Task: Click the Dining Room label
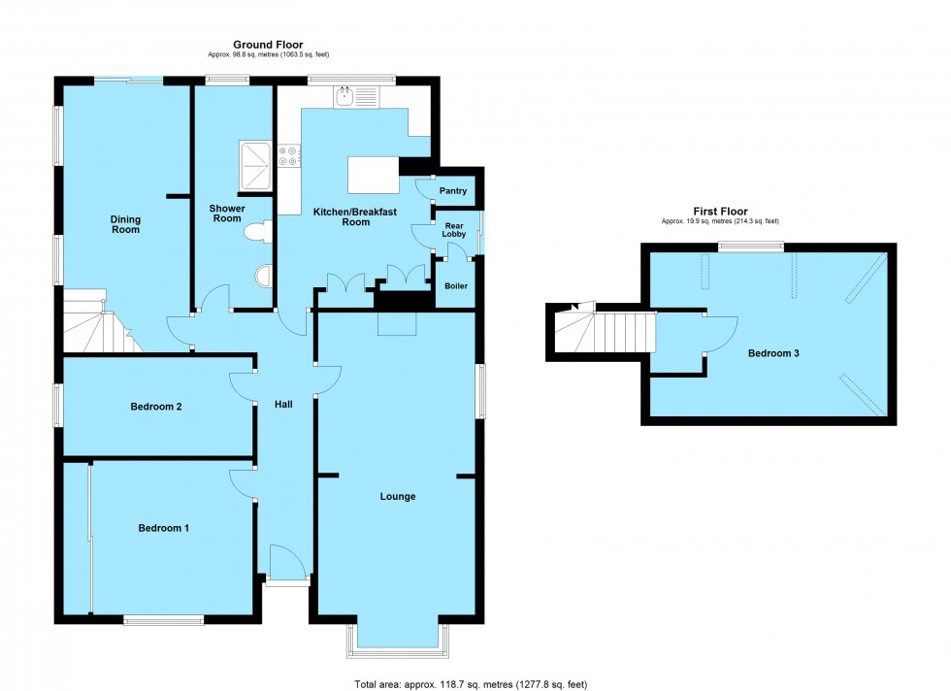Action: pyautogui.click(x=125, y=224)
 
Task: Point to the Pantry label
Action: pyautogui.click(x=453, y=191)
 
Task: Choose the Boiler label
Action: pyautogui.click(x=455, y=286)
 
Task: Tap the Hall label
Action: pyautogui.click(x=283, y=404)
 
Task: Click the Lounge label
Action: pyautogui.click(x=397, y=497)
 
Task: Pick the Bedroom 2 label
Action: pyautogui.click(x=156, y=408)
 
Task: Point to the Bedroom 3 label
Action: pyautogui.click(x=772, y=353)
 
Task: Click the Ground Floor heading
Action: pyautogui.click(x=268, y=45)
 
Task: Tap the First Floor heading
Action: pyautogui.click(x=719, y=211)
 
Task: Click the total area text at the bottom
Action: pyautogui.click(x=471, y=682)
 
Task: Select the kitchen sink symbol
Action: pyautogui.click(x=354, y=96)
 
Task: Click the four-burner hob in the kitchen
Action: pyautogui.click(x=289, y=156)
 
